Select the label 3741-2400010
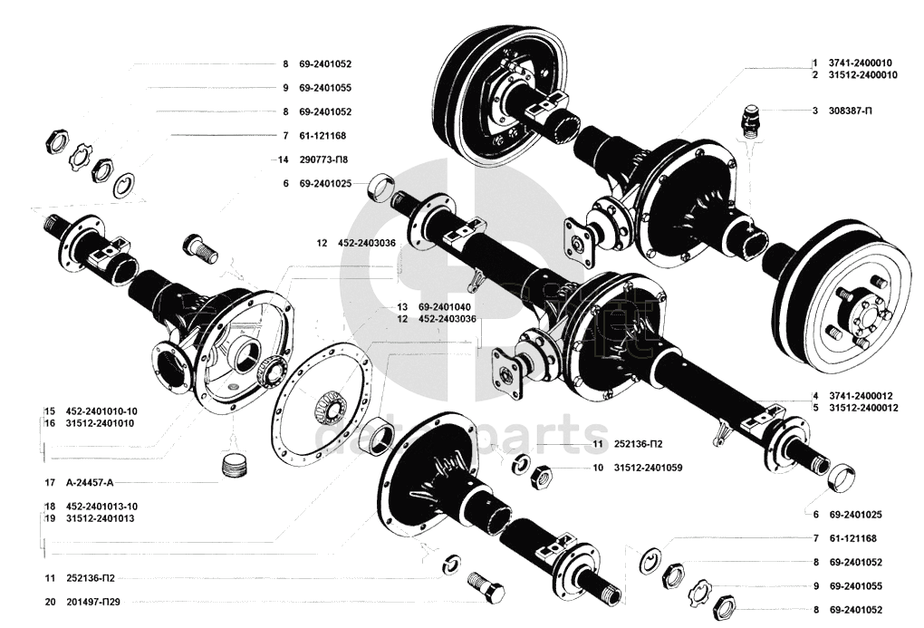pyautogui.click(x=861, y=63)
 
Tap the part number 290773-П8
pyautogui.click(x=322, y=159)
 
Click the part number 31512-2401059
pyautogui.click(x=648, y=468)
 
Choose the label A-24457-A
pyautogui.click(x=94, y=482)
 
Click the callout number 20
pyautogui.click(x=49, y=601)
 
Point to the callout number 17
pyautogui.click(x=49, y=482)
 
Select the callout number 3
pyautogui.click(x=815, y=111)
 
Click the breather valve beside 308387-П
pyautogui.click(x=749, y=121)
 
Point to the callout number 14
pyautogui.click(x=284, y=159)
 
